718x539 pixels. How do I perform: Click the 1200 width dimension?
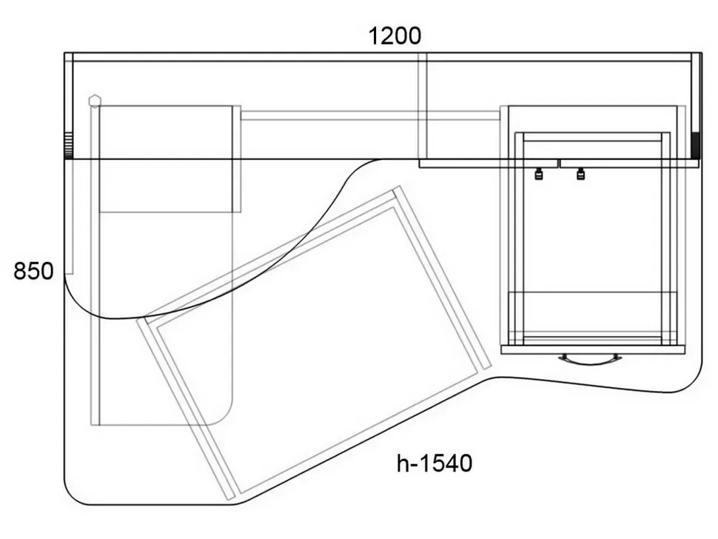click(x=395, y=36)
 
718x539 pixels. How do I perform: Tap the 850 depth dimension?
click(x=33, y=271)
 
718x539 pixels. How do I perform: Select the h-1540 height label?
click(x=435, y=463)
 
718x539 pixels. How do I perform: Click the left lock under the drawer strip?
click(x=539, y=174)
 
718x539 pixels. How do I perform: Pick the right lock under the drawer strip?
click(x=580, y=174)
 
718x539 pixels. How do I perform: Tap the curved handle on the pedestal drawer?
click(x=590, y=360)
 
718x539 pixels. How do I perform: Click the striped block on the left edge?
click(x=68, y=146)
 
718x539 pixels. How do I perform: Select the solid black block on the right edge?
click(x=696, y=145)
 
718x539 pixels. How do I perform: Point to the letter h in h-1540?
click(x=403, y=463)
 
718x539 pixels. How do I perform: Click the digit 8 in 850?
click(x=20, y=271)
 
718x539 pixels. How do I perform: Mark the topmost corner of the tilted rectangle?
click(x=399, y=186)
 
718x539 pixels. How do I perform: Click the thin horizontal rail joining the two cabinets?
click(x=370, y=115)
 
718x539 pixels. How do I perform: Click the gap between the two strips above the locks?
click(x=559, y=164)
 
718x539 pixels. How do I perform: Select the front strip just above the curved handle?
click(x=593, y=350)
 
